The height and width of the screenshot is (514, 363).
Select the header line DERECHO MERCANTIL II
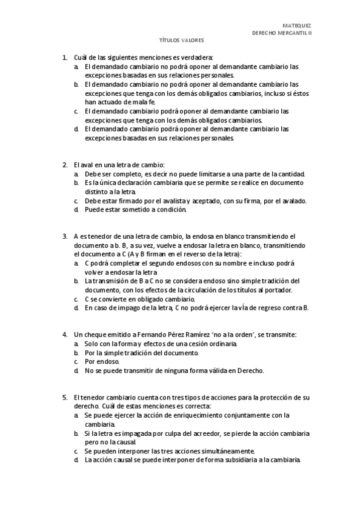click(x=281, y=33)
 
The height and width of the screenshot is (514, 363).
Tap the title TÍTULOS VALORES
click(x=181, y=41)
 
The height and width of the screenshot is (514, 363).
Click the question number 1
click(x=64, y=57)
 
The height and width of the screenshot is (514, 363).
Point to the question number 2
click(x=64, y=165)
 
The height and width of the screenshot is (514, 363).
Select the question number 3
click(x=64, y=236)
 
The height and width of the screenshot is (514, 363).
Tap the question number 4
click(x=64, y=335)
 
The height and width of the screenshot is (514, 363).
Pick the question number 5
click(x=64, y=397)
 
